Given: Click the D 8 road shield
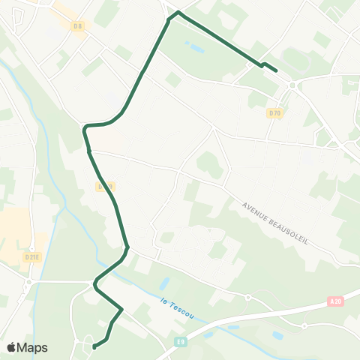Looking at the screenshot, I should (79, 26).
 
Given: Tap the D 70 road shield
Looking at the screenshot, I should (274, 113).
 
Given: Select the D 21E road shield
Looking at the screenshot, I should (31, 256).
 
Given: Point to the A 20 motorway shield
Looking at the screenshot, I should (335, 301).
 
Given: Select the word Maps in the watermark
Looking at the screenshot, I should (33, 347).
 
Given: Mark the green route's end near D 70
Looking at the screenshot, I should (277, 71).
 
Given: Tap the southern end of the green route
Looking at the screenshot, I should (94, 347).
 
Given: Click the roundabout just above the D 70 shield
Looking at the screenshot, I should (292, 85).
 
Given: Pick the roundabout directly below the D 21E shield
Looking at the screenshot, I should (28, 283).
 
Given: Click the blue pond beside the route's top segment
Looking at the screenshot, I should (196, 49).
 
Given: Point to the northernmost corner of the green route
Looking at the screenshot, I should (178, 12).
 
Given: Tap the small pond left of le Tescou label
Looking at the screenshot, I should (165, 284).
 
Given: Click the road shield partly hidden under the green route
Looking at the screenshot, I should (105, 187).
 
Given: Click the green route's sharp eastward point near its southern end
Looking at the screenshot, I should (121, 308).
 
